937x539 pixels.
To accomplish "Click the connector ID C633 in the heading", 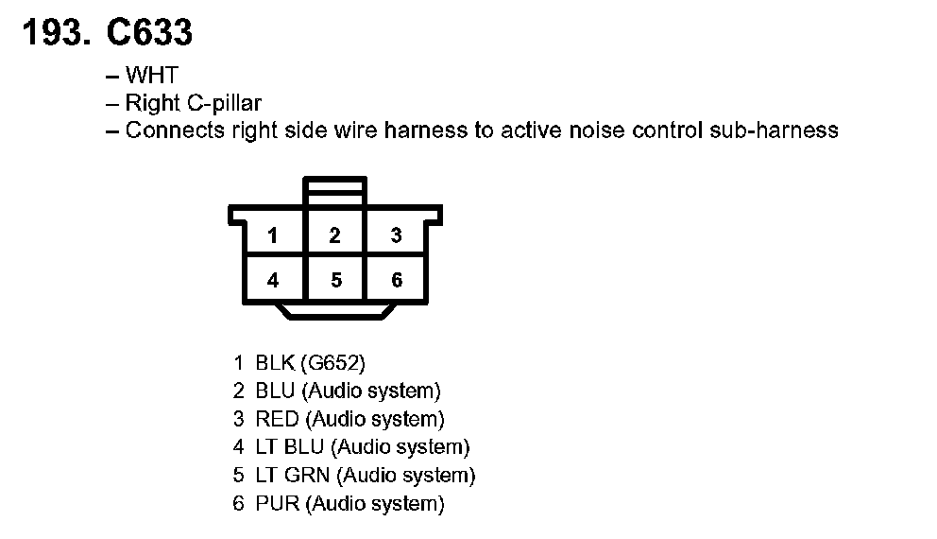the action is click(x=149, y=33).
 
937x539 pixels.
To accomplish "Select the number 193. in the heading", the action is click(x=57, y=33).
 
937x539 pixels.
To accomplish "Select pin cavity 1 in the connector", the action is click(x=273, y=235).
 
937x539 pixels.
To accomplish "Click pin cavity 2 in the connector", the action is click(x=334, y=235).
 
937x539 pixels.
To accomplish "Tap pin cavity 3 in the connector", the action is click(x=397, y=235).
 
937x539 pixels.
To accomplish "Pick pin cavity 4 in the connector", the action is click(x=273, y=280).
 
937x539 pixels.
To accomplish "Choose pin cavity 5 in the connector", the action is click(x=334, y=280).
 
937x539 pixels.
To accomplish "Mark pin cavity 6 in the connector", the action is click(x=397, y=280).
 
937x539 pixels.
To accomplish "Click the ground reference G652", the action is click(x=332, y=362).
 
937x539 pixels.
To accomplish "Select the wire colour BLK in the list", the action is click(x=275, y=362).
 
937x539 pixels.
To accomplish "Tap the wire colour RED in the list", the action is click(x=277, y=419).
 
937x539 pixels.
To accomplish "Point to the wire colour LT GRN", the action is click(x=293, y=476).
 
